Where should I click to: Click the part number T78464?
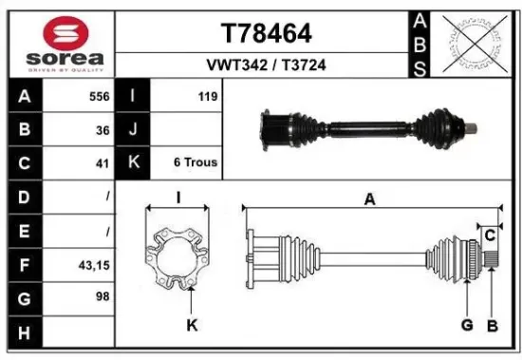(266, 33)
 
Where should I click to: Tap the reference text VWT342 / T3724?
(266, 66)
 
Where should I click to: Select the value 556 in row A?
(98, 96)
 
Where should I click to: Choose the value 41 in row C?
(103, 162)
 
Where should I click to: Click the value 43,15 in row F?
(94, 266)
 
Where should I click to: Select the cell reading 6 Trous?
(196, 162)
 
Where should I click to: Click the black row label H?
(23, 332)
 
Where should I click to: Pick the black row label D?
(23, 197)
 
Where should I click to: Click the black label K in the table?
(134, 162)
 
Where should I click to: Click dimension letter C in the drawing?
(490, 235)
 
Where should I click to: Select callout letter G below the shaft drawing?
(466, 325)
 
